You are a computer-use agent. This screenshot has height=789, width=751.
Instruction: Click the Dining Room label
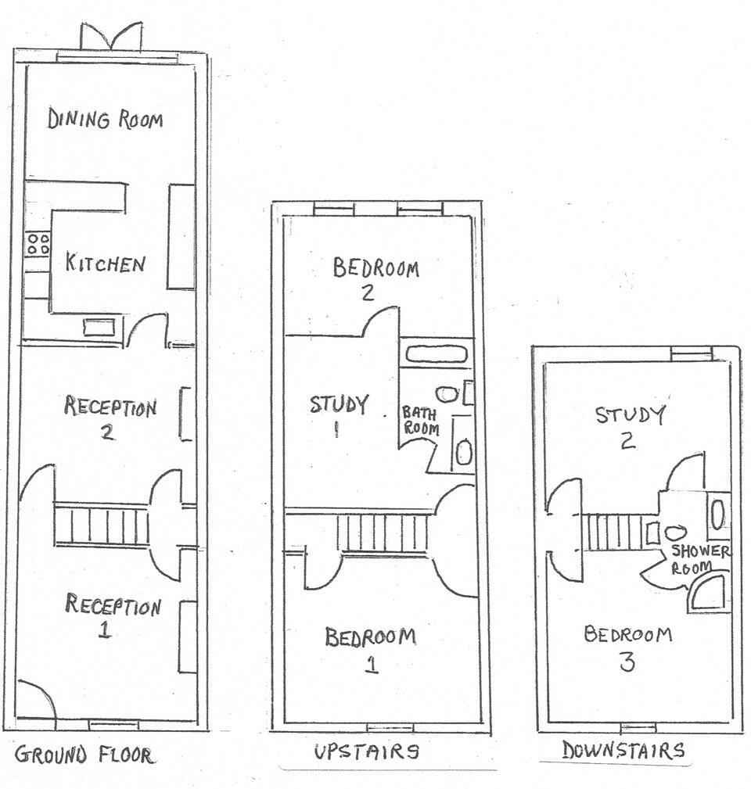(x=105, y=120)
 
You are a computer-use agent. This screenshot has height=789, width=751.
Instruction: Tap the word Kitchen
(x=106, y=264)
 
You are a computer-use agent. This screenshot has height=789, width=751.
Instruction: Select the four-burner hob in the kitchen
(x=38, y=244)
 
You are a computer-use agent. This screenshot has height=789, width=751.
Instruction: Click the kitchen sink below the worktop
(x=99, y=328)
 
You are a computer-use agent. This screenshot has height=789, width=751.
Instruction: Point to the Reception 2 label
(x=110, y=418)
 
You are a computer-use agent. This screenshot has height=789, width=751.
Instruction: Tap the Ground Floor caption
(x=84, y=755)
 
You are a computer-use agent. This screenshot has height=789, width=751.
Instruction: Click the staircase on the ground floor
(x=101, y=525)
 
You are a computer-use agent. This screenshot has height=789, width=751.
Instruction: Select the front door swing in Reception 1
(x=37, y=699)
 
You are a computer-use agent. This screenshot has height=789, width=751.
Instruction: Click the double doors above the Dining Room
(x=112, y=37)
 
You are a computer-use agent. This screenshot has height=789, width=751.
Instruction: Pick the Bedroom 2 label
(x=375, y=279)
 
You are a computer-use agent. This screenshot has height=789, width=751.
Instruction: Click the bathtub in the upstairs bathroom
(x=437, y=354)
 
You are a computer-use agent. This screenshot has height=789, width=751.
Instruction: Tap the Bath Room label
(x=420, y=421)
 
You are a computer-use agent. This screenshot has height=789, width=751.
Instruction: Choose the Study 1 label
(x=339, y=415)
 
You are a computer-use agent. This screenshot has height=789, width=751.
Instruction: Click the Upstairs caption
(x=367, y=751)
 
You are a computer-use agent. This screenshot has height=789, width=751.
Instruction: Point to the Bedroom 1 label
(x=371, y=649)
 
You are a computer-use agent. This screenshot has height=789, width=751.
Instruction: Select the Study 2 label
(x=631, y=427)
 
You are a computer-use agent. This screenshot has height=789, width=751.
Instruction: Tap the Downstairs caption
(x=623, y=750)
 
